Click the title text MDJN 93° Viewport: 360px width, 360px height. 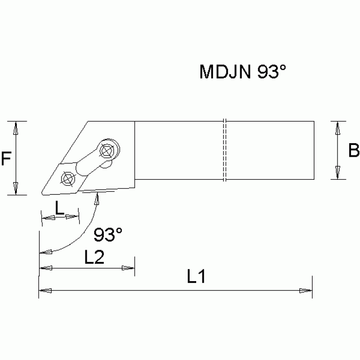coord(243,72)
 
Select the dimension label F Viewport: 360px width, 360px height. coord(6,159)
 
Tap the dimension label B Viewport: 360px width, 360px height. coord(353,150)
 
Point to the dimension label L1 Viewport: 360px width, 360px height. coord(196,277)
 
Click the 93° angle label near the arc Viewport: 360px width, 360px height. coord(107,234)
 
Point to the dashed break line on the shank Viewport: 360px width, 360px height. coord(225,150)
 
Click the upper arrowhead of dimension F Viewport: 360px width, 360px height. coord(16,127)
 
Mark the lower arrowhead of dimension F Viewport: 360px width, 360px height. coord(16,189)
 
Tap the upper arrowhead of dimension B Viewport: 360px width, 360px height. coord(337,127)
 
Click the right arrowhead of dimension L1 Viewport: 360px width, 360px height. coord(306,291)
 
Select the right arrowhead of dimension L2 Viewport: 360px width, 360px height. coord(128,268)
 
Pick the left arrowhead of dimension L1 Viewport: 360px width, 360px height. coord(44,291)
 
